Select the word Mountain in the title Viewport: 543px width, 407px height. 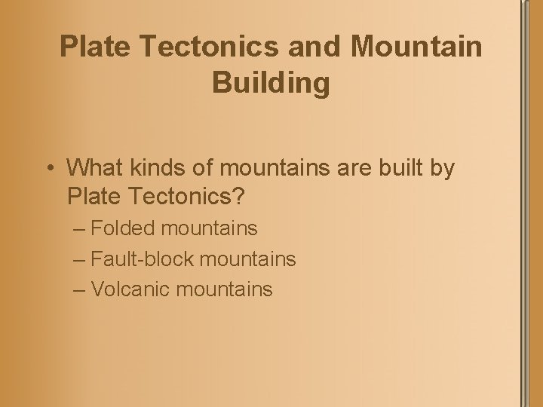pos(416,47)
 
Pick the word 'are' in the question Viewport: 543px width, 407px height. pos(348,167)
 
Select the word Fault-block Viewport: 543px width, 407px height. pos(141,259)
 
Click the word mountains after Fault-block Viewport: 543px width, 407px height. pos(246,259)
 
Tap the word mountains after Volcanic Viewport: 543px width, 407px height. pos(224,289)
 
